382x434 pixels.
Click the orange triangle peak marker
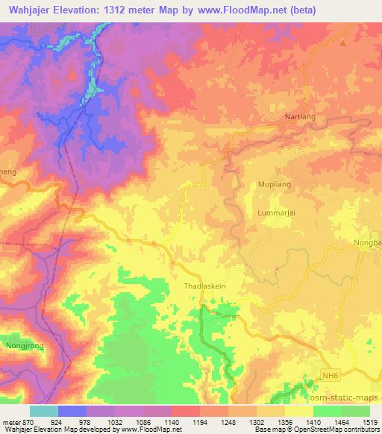(343, 43)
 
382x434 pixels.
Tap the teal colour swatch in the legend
(43, 411)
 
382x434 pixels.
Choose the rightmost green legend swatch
(356, 411)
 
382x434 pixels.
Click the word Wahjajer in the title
(34, 10)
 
